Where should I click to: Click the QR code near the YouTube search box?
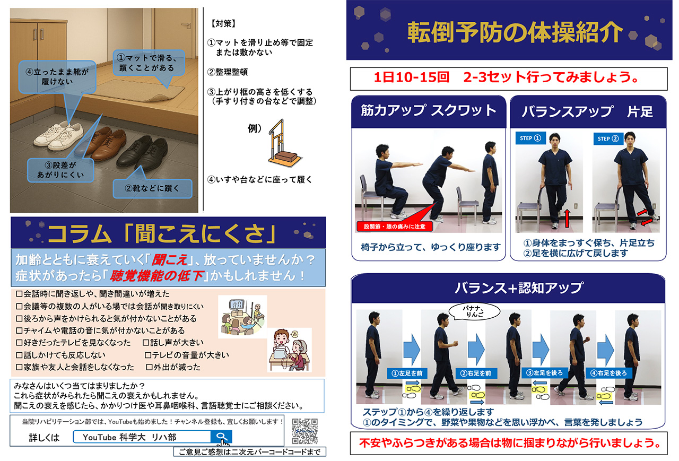coord(305,431)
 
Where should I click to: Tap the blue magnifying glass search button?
coord(221,437)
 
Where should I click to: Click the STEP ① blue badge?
coord(530,138)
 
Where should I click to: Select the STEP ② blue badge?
coord(608,138)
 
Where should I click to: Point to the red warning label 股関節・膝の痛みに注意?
coord(394,227)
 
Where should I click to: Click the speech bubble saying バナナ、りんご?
coord(474,311)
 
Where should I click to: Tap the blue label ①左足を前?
coord(407,373)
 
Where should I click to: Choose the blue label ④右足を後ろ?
coord(608,373)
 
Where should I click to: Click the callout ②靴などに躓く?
coord(152,188)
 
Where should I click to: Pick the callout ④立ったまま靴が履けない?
coord(57,77)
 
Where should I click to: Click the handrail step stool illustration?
coord(284,143)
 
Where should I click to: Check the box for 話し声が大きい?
coord(146,343)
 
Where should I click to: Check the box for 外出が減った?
coord(149,367)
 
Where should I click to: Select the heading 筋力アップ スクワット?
coord(428,110)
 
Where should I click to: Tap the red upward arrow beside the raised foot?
coord(567,218)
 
